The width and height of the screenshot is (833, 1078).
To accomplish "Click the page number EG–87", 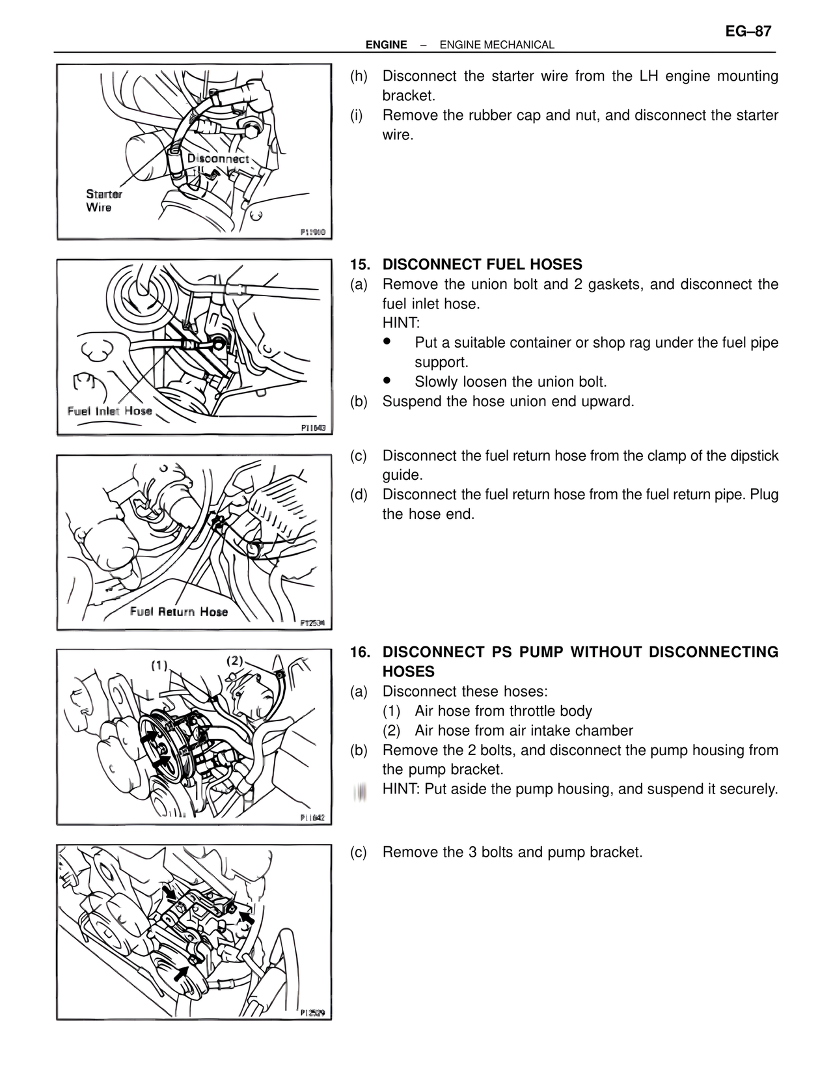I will pos(748,31).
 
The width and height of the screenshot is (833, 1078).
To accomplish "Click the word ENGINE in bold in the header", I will pos(386,45).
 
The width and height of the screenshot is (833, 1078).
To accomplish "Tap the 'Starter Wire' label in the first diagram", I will pos(103,200).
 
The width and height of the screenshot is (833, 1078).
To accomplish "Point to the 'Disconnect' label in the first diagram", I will pos(218,159).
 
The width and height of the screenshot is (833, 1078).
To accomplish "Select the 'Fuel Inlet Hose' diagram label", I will pos(109,411).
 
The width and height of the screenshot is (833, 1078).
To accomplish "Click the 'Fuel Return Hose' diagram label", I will pos(178,611).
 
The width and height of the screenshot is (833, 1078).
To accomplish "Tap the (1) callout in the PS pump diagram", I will pos(159,665).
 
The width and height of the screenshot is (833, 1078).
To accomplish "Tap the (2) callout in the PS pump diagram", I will pos(234,661).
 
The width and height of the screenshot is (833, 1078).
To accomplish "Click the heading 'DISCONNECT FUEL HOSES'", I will pos(482,264).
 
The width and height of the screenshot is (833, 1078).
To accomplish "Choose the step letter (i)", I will pos(357,115).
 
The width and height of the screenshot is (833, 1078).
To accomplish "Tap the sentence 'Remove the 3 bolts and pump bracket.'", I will pos(512,852).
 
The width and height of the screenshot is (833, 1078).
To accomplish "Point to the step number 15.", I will pos(360,264).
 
